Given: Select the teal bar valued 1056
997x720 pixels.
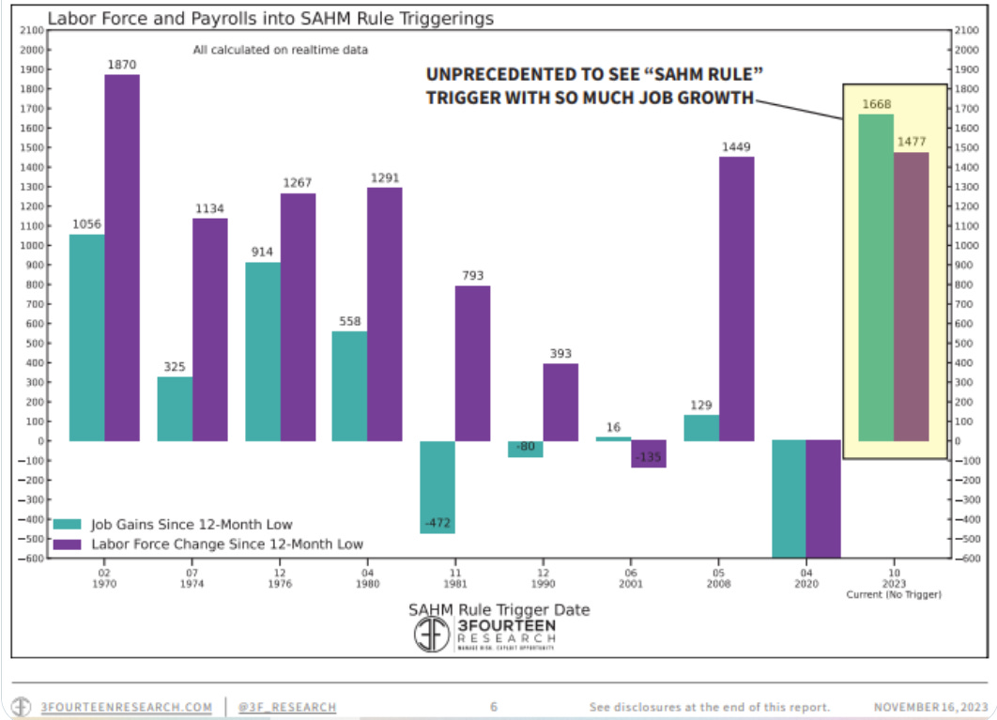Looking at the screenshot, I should click(86, 337).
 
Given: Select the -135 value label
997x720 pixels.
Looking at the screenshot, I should click(648, 456).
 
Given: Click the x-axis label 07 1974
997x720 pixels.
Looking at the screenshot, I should click(192, 577).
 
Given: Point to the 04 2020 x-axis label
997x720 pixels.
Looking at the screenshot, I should click(805, 577).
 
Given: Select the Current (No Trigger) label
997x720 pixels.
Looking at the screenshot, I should click(894, 594).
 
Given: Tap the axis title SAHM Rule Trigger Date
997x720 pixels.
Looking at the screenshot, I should click(498, 609).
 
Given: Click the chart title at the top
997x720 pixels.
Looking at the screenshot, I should click(270, 18).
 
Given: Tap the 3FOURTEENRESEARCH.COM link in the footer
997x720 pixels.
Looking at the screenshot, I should click(125, 706).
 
